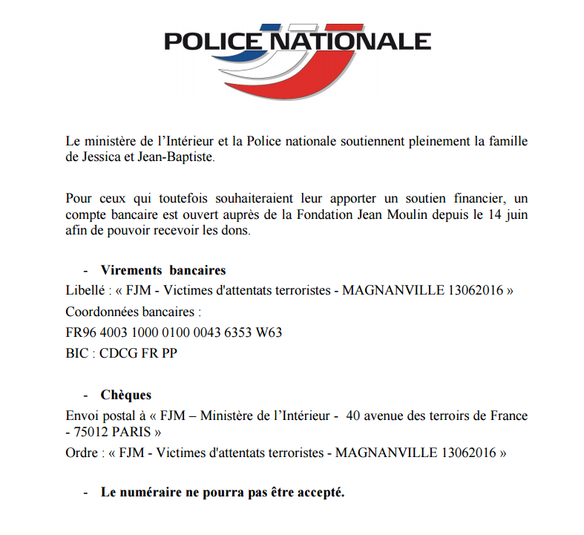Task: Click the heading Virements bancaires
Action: (x=163, y=270)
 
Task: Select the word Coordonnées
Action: (x=101, y=311)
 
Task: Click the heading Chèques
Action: (x=126, y=395)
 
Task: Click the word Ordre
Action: (x=81, y=453)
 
